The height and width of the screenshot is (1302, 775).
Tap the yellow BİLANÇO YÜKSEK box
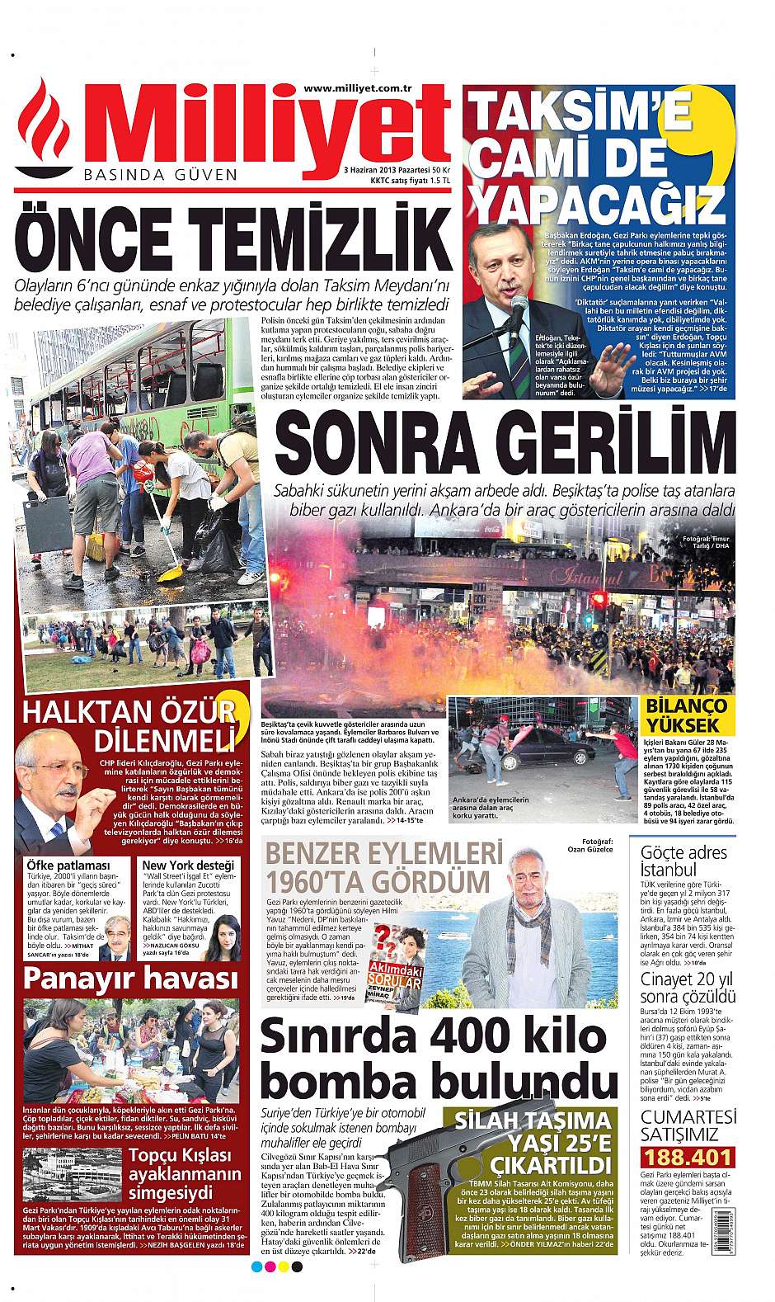(x=686, y=716)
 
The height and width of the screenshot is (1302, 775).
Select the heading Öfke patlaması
(x=58, y=864)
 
